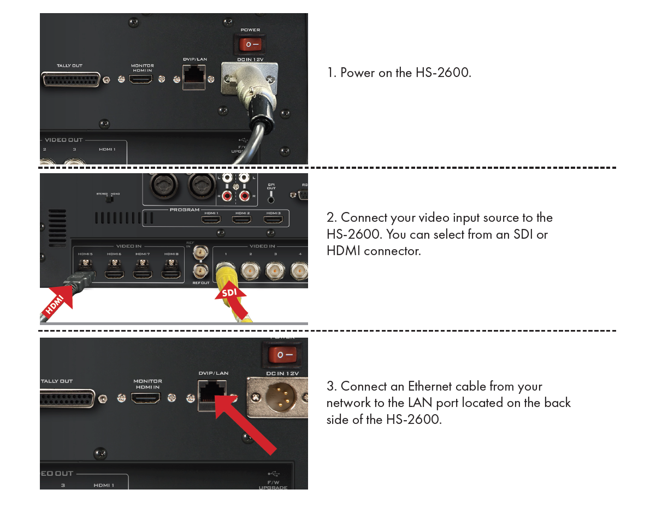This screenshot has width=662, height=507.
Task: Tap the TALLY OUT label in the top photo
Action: click(x=69, y=66)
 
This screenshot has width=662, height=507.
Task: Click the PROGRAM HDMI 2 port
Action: click(x=241, y=219)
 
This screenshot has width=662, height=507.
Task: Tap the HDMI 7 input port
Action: click(x=143, y=274)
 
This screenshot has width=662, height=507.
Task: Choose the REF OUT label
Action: click(x=201, y=283)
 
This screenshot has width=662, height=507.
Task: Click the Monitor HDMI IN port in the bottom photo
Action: click(x=146, y=398)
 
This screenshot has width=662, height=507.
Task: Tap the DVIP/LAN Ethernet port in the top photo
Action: click(x=194, y=75)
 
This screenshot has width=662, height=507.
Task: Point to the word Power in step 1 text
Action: click(x=357, y=73)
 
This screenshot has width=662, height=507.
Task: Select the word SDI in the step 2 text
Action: click(x=523, y=234)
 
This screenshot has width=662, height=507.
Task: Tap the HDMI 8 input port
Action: click(x=171, y=274)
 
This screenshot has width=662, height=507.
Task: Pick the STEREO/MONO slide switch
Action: click(x=109, y=199)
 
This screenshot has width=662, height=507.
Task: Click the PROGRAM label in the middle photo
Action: click(x=185, y=210)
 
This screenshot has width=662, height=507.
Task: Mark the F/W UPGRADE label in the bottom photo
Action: click(x=273, y=485)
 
